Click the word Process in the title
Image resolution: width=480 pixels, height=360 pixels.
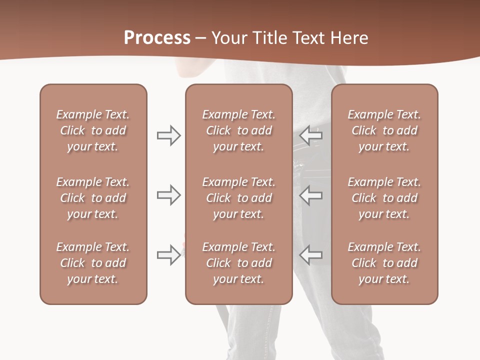[x=157, y=37]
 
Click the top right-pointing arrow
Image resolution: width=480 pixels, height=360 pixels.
[x=168, y=135]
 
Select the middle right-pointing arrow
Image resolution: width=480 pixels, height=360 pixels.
[x=168, y=195]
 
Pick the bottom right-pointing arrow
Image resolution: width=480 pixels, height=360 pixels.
[x=168, y=255]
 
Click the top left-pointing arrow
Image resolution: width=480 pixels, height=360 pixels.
[x=311, y=135]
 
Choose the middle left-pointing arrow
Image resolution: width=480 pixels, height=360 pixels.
[x=311, y=195]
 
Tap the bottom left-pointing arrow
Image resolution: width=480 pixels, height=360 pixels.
[x=311, y=255]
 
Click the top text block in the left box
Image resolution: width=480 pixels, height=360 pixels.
[x=93, y=130]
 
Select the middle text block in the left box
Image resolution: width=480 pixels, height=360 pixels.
[x=93, y=198]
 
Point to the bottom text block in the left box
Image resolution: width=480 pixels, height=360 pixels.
[x=93, y=263]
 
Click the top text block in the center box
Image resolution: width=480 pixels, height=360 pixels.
[x=238, y=130]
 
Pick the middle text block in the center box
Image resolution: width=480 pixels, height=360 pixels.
[x=238, y=198]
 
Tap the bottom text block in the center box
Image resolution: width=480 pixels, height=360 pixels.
[x=238, y=263]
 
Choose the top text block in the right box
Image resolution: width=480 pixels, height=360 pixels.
[x=384, y=130]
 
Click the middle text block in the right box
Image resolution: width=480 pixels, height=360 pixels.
[x=384, y=198]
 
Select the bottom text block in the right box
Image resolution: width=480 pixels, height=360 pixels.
[x=384, y=263]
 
